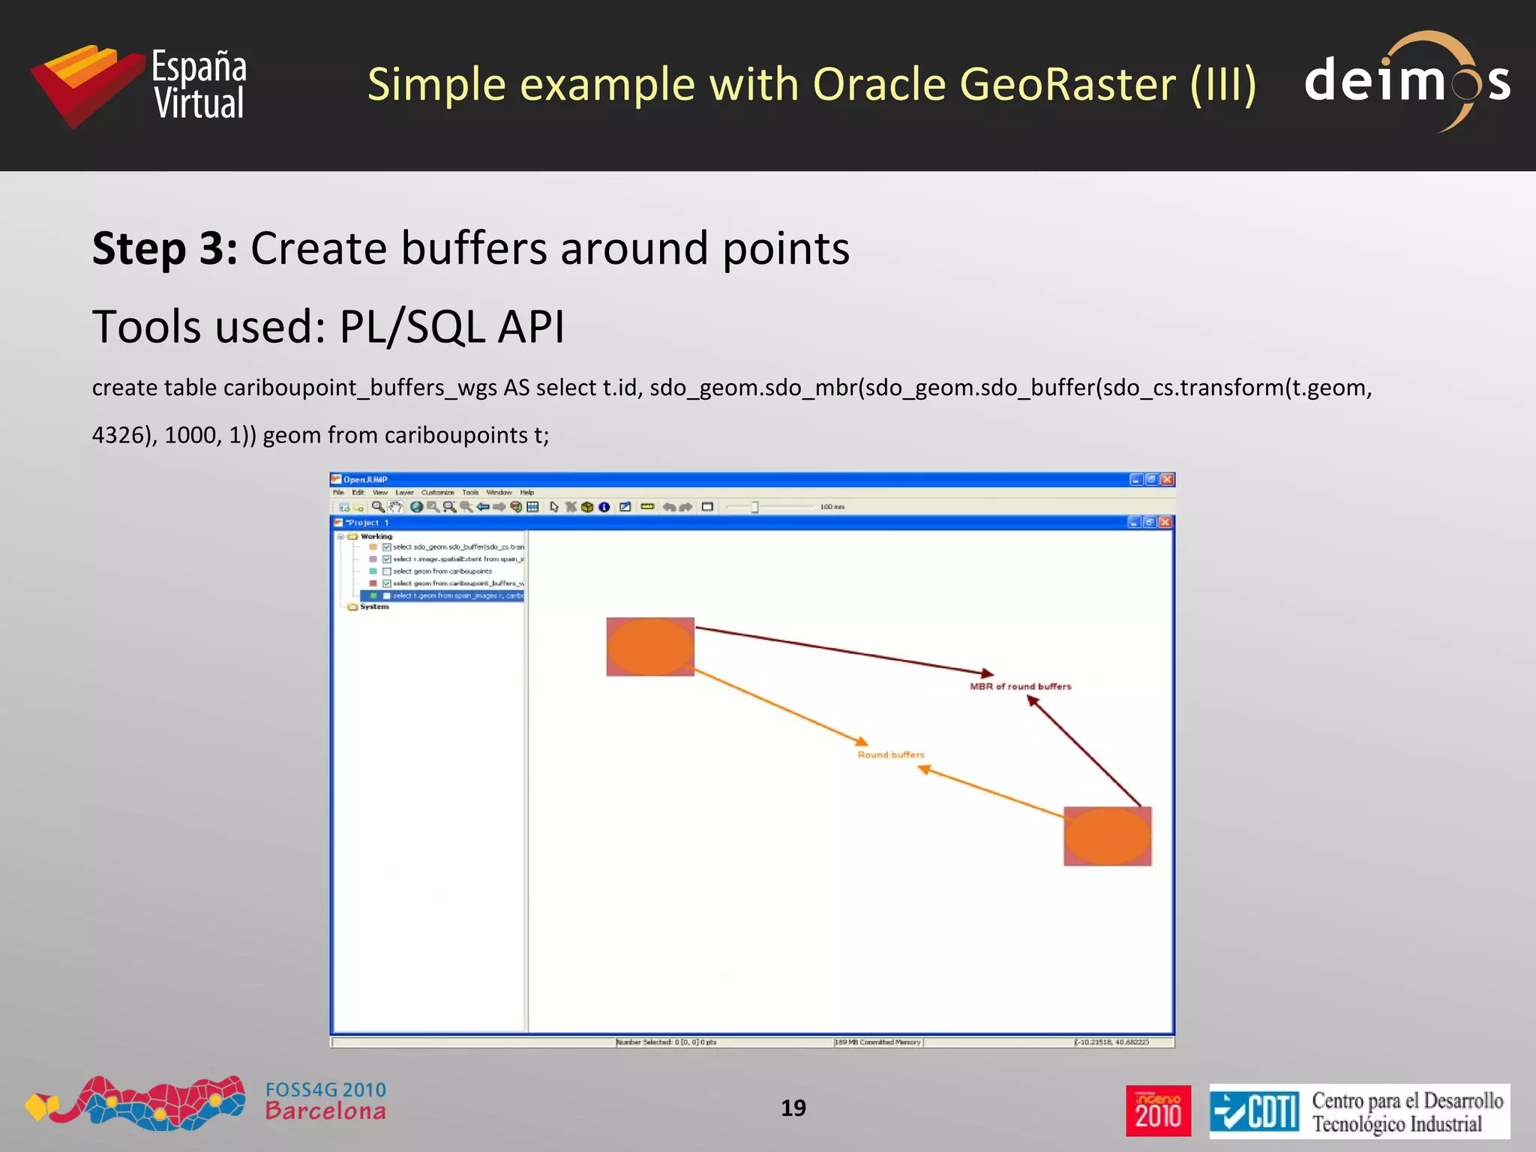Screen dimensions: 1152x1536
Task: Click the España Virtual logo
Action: pyautogui.click(x=139, y=85)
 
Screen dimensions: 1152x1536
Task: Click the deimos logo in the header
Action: pyautogui.click(x=1406, y=81)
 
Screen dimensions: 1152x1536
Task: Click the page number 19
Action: pyautogui.click(x=793, y=1108)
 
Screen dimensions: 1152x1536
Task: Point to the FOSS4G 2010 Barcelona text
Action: pyautogui.click(x=325, y=1101)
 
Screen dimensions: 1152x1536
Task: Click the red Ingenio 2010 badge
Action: pyautogui.click(x=1158, y=1111)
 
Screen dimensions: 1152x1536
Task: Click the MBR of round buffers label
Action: pyautogui.click(x=1020, y=686)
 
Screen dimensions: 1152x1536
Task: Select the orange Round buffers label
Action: pyautogui.click(x=891, y=754)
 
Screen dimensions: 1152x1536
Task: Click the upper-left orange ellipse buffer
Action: pyautogui.click(x=649, y=646)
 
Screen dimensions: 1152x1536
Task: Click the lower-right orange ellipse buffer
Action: pyautogui.click(x=1107, y=836)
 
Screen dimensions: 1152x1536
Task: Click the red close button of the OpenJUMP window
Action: pyautogui.click(x=1167, y=479)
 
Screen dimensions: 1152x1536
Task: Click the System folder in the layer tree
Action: pyautogui.click(x=373, y=607)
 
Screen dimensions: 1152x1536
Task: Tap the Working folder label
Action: pyautogui.click(x=376, y=536)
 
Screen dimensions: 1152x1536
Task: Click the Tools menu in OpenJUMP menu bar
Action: pyautogui.click(x=470, y=493)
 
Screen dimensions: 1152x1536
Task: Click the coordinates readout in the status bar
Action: pyautogui.click(x=1111, y=1042)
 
